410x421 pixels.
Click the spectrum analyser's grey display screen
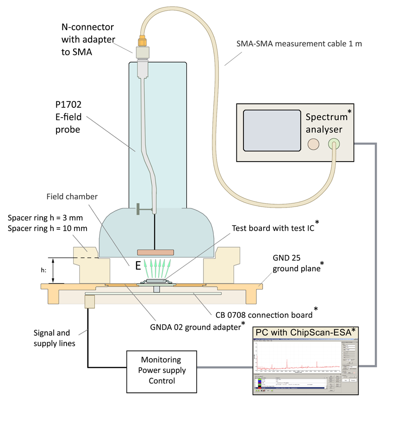pyautogui.click(x=271, y=130)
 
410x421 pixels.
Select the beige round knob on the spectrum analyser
pyautogui.click(x=313, y=144)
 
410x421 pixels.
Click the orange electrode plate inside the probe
pyautogui.click(x=155, y=252)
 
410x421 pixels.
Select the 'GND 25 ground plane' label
pyautogui.click(x=296, y=264)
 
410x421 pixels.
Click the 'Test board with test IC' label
pyautogui.click(x=275, y=228)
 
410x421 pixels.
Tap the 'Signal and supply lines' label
pyautogui.click(x=52, y=338)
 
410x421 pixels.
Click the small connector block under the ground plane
pyautogui.click(x=90, y=302)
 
